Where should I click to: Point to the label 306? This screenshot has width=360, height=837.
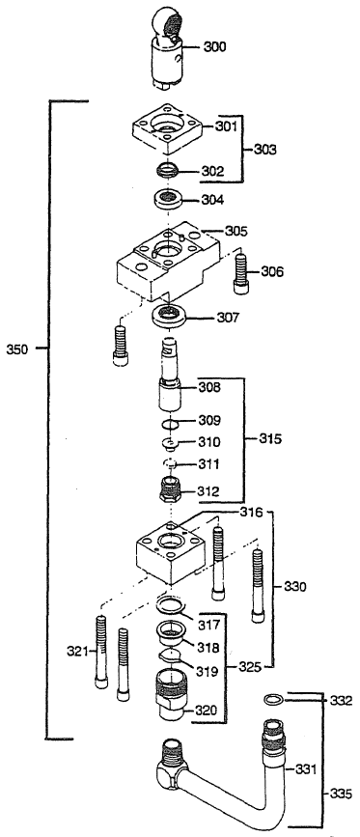pos(273,272)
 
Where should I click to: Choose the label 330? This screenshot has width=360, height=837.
pos(295,586)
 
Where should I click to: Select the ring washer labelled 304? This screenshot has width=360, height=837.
pos(171,202)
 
